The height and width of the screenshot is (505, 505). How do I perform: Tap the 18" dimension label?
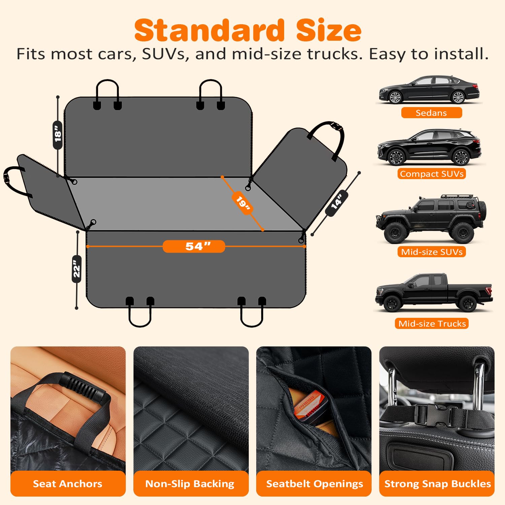pyautogui.click(x=58, y=135)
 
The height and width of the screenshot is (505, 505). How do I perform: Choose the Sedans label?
pyautogui.click(x=431, y=113)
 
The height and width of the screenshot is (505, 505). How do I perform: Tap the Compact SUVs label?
pyautogui.click(x=432, y=174)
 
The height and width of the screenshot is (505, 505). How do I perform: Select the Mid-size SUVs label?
pyautogui.click(x=432, y=252)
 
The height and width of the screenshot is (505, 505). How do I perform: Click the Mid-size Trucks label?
pyautogui.click(x=432, y=324)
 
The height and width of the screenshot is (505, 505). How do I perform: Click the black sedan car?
pyautogui.click(x=429, y=90)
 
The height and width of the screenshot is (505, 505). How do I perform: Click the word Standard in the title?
pyautogui.click(x=209, y=30)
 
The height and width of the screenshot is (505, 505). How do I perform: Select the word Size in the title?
pyautogui.click(x=329, y=30)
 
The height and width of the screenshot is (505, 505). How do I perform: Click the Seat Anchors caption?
pyautogui.click(x=68, y=484)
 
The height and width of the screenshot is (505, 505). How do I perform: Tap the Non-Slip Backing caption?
pyautogui.click(x=190, y=484)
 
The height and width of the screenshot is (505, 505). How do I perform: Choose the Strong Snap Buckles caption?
pyautogui.click(x=438, y=484)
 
